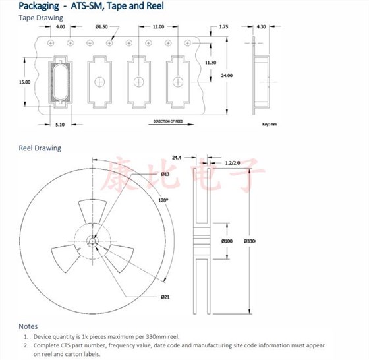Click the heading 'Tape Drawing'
pos(41,18)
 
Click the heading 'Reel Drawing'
pos(40,148)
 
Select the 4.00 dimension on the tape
pos(61,27)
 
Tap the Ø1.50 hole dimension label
pos(101,27)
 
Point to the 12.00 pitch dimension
pos(158,27)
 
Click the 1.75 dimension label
pos(223,27)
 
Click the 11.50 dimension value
pos(210,63)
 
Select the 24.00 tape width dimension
pos(227,76)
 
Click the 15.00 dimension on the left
pos(24,82)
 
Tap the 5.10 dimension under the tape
pos(60,124)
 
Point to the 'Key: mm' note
pos(270,124)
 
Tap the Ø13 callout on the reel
pos(165,173)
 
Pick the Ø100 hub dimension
pos(226,241)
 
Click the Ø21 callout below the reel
pos(166,297)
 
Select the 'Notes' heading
pos(28,326)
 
